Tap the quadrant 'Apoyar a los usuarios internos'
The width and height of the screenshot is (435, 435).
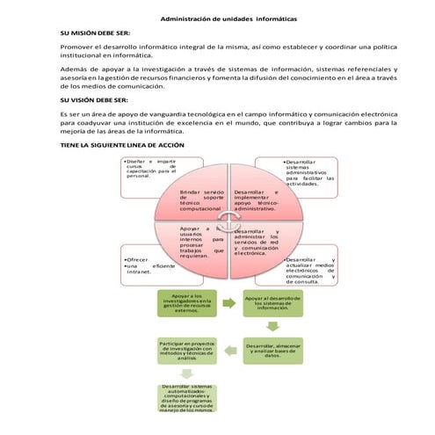pyautogui.click(x=199, y=241)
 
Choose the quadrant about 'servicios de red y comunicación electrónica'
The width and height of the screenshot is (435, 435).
pyautogui.click(x=257, y=242)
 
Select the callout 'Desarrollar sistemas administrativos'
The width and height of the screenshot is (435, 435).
pyautogui.click(x=308, y=173)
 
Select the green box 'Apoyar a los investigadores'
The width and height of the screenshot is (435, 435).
pyautogui.click(x=187, y=303)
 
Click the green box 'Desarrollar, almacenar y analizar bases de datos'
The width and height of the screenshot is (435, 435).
pyautogui.click(x=272, y=352)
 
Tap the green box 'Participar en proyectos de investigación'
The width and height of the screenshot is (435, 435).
pyautogui.click(x=187, y=351)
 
